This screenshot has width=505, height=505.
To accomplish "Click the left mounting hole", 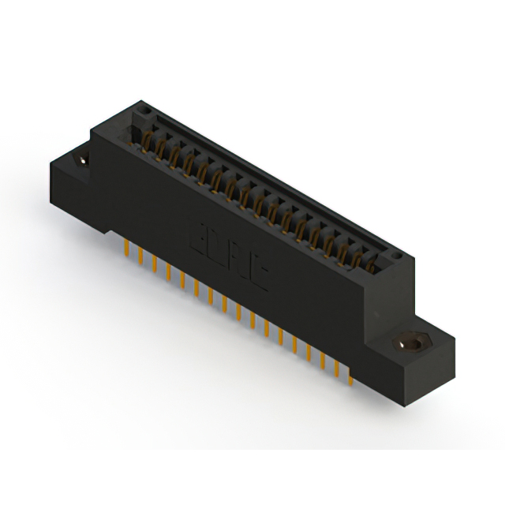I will point(81,159).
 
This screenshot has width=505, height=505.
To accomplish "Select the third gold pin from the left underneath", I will point(155,267).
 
